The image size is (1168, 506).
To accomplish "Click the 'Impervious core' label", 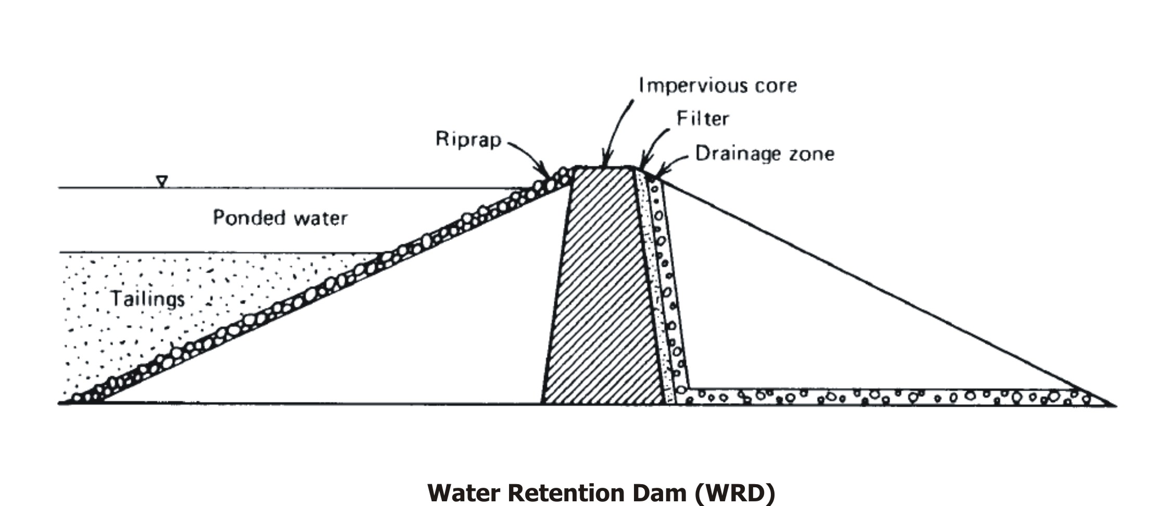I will [x=717, y=85].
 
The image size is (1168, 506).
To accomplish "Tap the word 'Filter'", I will [x=702, y=119].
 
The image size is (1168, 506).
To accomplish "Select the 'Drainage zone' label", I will [x=765, y=154].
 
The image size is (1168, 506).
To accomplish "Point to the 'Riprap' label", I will [x=468, y=139].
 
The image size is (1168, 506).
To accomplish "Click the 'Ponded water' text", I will [x=280, y=217].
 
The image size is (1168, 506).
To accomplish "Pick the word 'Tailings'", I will [x=148, y=299].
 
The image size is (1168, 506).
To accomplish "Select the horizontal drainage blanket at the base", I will [x=885, y=396].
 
